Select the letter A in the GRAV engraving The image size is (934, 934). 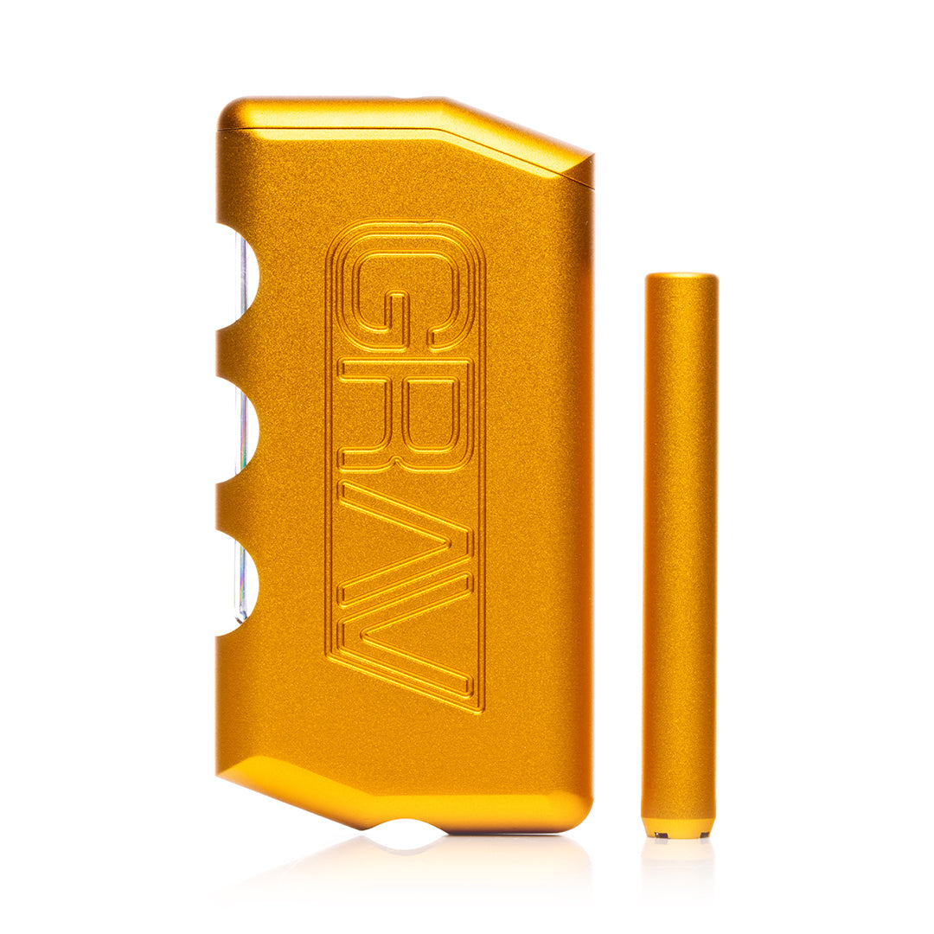coord(408,539)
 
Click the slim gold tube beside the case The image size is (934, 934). coord(681,554)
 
